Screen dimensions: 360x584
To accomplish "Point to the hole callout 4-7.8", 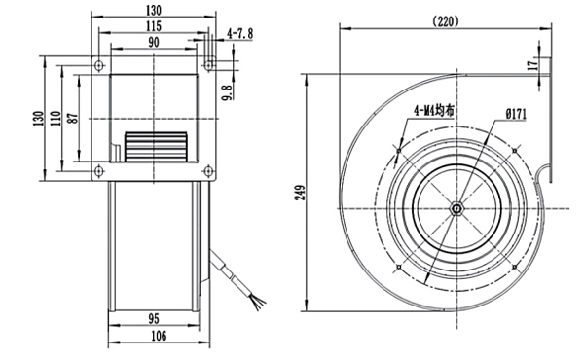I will pyautogui.click(x=239, y=34).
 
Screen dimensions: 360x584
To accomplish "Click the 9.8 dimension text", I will pyautogui.click(x=226, y=93).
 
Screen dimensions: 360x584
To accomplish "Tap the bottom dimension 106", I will pyautogui.click(x=156, y=337).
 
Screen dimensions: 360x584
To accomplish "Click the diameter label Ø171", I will pyautogui.click(x=516, y=116).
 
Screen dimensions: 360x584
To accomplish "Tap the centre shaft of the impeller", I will pyautogui.click(x=456, y=208).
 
